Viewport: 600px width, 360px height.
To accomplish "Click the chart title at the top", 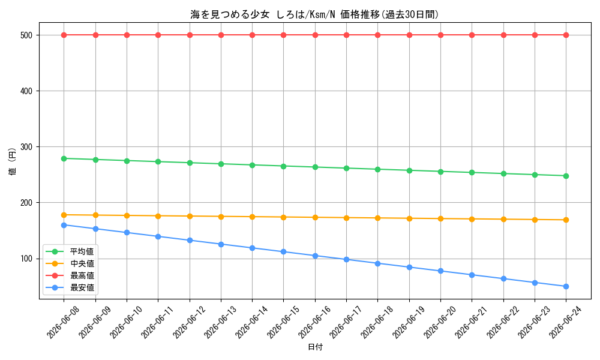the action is point(314,14).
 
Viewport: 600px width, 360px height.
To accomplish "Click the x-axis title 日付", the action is point(316,347).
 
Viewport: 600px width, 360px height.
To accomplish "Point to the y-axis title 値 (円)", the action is point(12,161).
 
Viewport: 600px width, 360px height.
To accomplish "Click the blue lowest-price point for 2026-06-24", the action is point(566,287).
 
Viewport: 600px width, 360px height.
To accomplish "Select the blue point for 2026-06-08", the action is point(64,226).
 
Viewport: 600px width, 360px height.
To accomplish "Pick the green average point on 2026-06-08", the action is point(64,158).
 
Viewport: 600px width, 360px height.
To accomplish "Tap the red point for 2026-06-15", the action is point(284,35).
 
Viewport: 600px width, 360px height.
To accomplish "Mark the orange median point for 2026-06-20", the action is point(440,219).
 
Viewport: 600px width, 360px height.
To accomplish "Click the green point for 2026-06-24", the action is point(566,176).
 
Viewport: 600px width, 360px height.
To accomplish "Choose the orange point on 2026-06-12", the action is point(190,216).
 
